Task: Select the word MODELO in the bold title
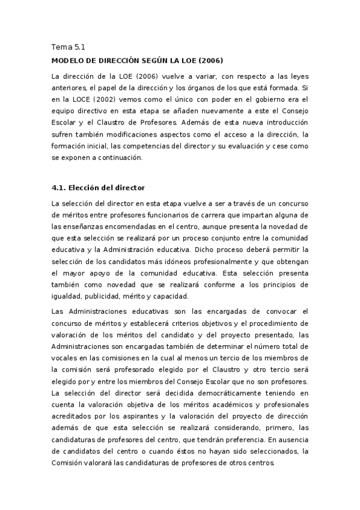pyautogui.click(x=69, y=61)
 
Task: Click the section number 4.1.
pyautogui.click(x=61, y=188)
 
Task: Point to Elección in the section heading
pyautogui.click(x=91, y=188)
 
